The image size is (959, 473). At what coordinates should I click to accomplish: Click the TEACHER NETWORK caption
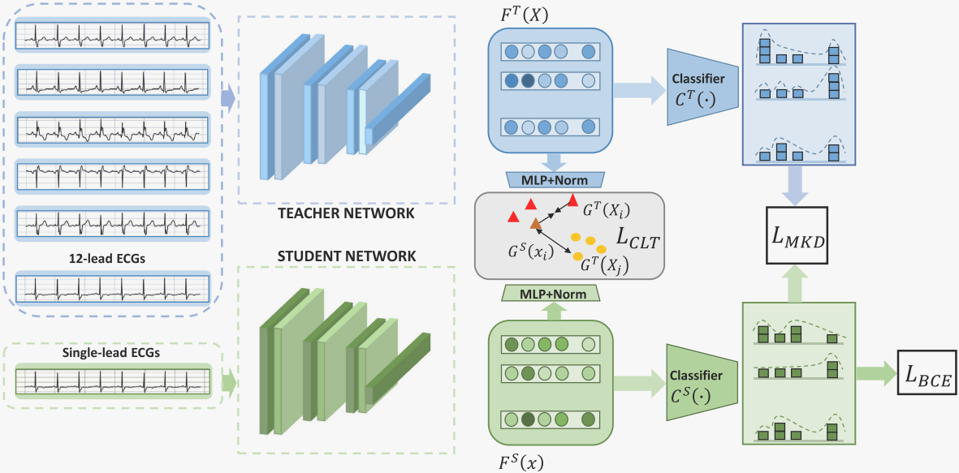coord(344,214)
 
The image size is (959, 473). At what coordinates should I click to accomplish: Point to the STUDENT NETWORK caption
coord(344,256)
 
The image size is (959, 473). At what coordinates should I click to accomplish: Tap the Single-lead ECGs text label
coord(111,354)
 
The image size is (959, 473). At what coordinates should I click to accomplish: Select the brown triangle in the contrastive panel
coord(535,222)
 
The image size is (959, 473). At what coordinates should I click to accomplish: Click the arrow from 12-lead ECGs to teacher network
coord(228,100)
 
